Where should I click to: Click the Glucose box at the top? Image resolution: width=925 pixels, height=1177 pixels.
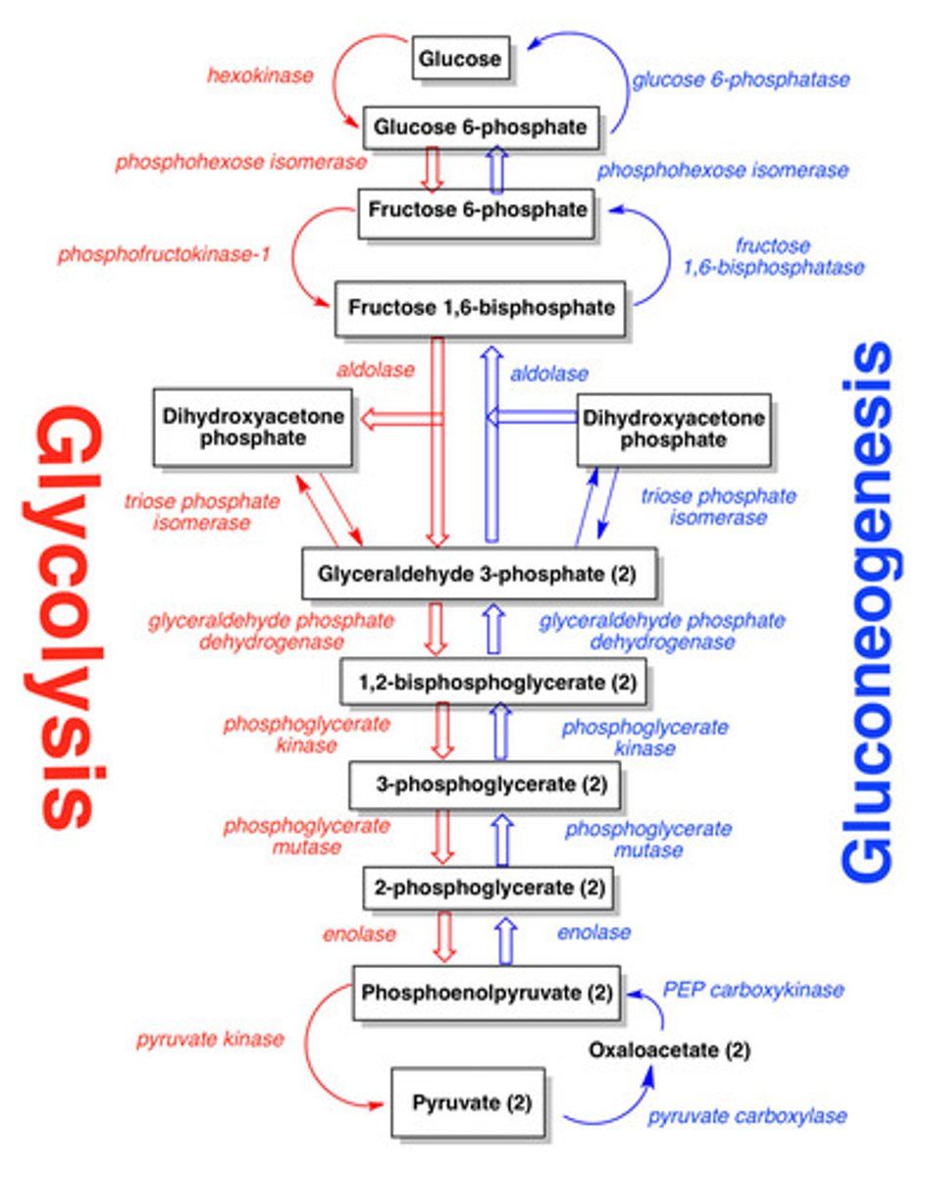click(461, 59)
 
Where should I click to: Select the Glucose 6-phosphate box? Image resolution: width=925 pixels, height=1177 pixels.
click(482, 128)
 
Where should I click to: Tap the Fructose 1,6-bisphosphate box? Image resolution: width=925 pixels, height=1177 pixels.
click(482, 308)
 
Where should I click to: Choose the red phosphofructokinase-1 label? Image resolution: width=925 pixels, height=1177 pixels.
click(164, 255)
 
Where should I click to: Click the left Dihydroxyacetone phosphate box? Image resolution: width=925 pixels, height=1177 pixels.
click(253, 428)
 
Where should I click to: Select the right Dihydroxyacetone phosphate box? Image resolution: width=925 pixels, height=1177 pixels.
click(674, 430)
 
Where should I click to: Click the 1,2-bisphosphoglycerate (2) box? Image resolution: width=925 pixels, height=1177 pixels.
click(493, 682)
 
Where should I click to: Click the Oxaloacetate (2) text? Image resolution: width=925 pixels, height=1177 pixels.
click(670, 1050)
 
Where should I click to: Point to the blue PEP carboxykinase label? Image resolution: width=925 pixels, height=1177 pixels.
click(753, 990)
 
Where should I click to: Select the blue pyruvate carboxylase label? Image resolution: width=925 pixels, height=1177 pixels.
click(746, 1116)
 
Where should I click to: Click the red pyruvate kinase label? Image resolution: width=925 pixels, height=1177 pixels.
click(210, 1039)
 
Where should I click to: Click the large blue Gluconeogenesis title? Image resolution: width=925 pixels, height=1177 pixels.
click(867, 608)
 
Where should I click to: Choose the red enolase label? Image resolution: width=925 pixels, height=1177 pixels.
click(359, 934)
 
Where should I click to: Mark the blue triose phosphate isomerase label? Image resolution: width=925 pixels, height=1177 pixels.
click(719, 507)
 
